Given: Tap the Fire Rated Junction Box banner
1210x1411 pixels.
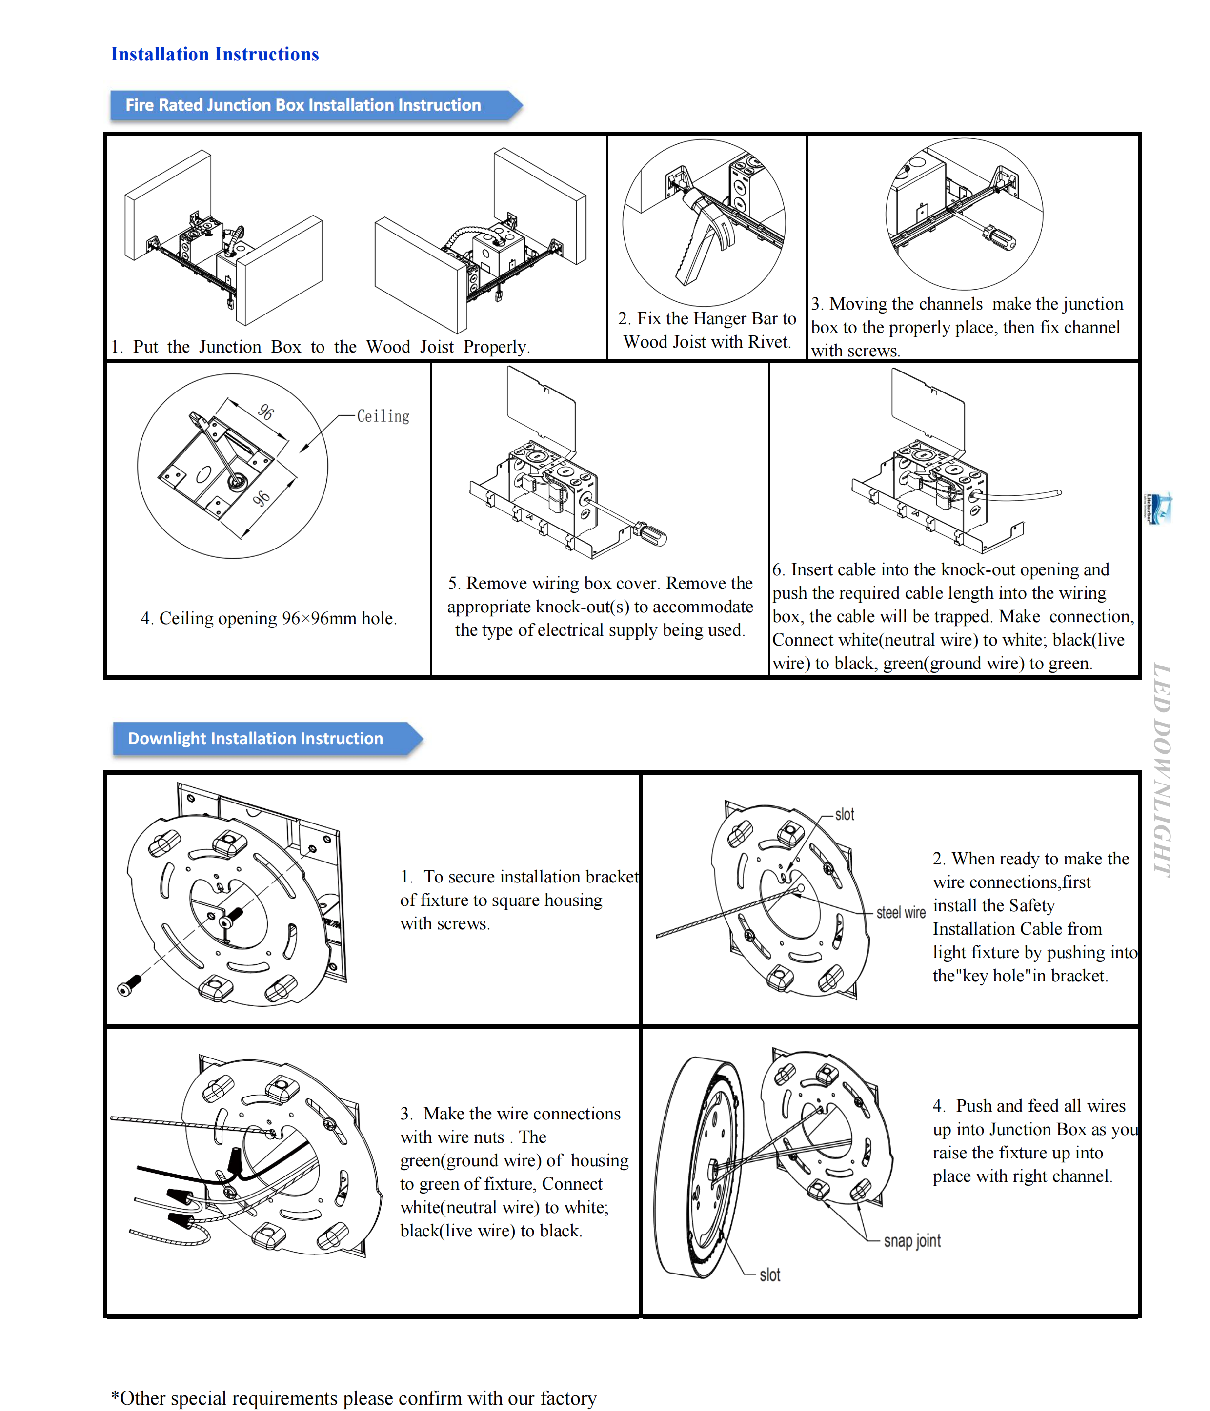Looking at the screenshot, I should [x=303, y=105].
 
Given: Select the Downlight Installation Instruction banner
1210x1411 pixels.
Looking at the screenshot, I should [x=256, y=738].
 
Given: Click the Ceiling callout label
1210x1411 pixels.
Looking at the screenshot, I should [x=383, y=416].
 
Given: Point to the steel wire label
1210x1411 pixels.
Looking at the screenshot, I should [x=900, y=913].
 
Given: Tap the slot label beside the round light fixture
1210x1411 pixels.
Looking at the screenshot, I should [x=769, y=1274].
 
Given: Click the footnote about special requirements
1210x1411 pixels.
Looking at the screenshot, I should [x=354, y=1397].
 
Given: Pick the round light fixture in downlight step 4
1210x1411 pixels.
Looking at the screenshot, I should [x=698, y=1168].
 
